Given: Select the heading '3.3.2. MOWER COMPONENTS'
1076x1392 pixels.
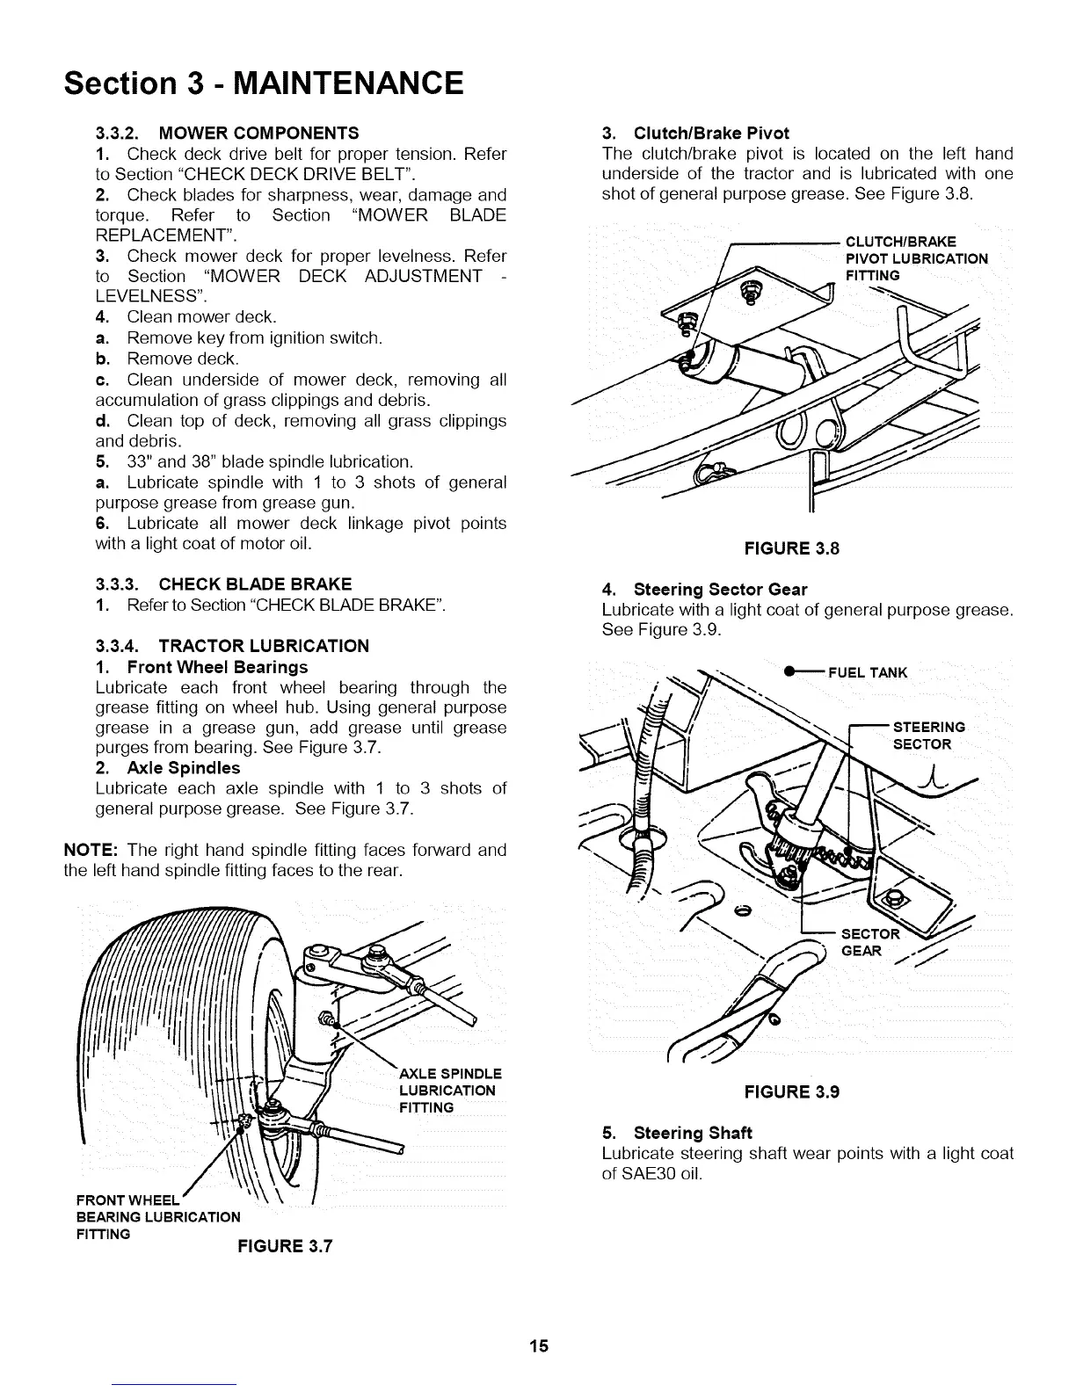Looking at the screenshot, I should pyautogui.click(x=226, y=134).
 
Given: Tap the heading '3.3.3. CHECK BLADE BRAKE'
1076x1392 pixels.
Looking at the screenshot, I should pyautogui.click(x=222, y=584).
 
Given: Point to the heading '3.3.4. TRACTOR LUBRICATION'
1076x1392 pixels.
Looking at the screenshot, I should pyautogui.click(x=231, y=646).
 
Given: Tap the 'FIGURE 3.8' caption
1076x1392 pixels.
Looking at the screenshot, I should pyautogui.click(x=791, y=548).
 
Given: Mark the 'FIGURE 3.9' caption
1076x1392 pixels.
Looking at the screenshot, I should pyautogui.click(x=791, y=1091).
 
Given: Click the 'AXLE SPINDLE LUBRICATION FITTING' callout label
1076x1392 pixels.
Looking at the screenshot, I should pyautogui.click(x=449, y=1091).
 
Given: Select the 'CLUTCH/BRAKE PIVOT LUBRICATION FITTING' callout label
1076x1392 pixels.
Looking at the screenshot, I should pyautogui.click(x=915, y=258).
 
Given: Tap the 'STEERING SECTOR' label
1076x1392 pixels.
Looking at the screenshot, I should pyautogui.click(x=927, y=736).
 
